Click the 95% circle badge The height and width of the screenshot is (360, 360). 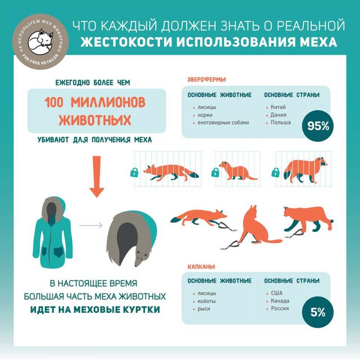(x=318, y=126)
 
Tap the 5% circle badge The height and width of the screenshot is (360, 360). (x=318, y=312)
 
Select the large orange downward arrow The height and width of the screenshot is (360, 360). (x=97, y=176)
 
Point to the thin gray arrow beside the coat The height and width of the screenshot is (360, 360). (x=91, y=225)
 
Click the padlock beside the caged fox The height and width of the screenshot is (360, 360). (x=134, y=173)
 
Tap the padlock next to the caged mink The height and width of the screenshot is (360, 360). (x=215, y=173)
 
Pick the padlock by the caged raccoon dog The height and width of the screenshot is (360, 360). (x=275, y=173)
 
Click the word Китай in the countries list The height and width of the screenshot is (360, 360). (x=278, y=107)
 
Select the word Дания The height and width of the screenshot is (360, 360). (x=279, y=115)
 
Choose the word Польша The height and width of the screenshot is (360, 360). (x=280, y=122)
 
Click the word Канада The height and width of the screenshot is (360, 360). (x=280, y=301)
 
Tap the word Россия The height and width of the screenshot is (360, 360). (x=280, y=308)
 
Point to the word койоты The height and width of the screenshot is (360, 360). (x=207, y=301)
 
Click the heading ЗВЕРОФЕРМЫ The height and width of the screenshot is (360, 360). (x=207, y=80)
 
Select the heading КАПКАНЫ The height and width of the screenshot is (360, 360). (x=201, y=267)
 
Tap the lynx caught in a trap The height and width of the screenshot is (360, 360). (x=308, y=219)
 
